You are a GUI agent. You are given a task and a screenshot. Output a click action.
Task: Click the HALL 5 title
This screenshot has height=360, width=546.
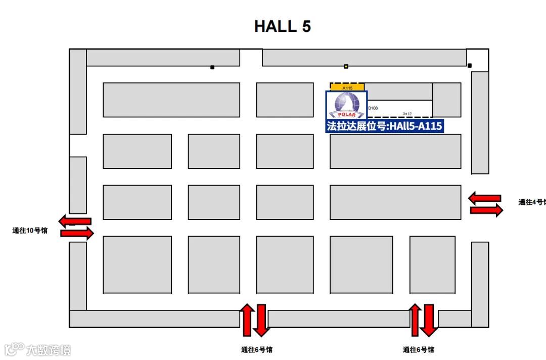[282, 26]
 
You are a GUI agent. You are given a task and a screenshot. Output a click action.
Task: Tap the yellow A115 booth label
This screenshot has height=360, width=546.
[347, 87]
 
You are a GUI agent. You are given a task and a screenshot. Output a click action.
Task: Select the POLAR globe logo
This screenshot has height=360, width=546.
[346, 105]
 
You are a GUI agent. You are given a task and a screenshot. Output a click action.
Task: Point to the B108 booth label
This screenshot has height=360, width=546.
[373, 108]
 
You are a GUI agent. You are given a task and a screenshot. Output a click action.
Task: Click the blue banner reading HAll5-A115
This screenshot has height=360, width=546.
[385, 126]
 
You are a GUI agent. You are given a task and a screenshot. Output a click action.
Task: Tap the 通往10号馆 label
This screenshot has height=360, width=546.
[30, 231]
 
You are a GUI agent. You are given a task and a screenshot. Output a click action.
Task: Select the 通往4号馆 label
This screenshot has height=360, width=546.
[531, 202]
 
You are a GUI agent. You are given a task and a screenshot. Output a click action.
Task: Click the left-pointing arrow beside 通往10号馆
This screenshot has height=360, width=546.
[75, 220]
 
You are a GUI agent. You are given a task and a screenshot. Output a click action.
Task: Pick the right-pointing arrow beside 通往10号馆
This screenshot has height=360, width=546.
[77, 233]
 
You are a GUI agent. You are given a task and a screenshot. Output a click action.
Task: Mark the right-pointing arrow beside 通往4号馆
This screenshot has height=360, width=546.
[486, 210]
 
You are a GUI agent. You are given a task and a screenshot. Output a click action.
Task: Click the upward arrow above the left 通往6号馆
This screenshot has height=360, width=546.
[247, 320]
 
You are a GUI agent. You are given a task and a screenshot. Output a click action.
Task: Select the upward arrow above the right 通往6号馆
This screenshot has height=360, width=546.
[415, 320]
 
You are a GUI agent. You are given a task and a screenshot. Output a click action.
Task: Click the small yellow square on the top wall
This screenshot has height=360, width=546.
[346, 66]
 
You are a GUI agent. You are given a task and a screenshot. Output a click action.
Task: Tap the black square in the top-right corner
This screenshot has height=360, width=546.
[470, 65]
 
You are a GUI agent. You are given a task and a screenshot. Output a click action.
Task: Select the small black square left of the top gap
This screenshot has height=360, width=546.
[212, 67]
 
